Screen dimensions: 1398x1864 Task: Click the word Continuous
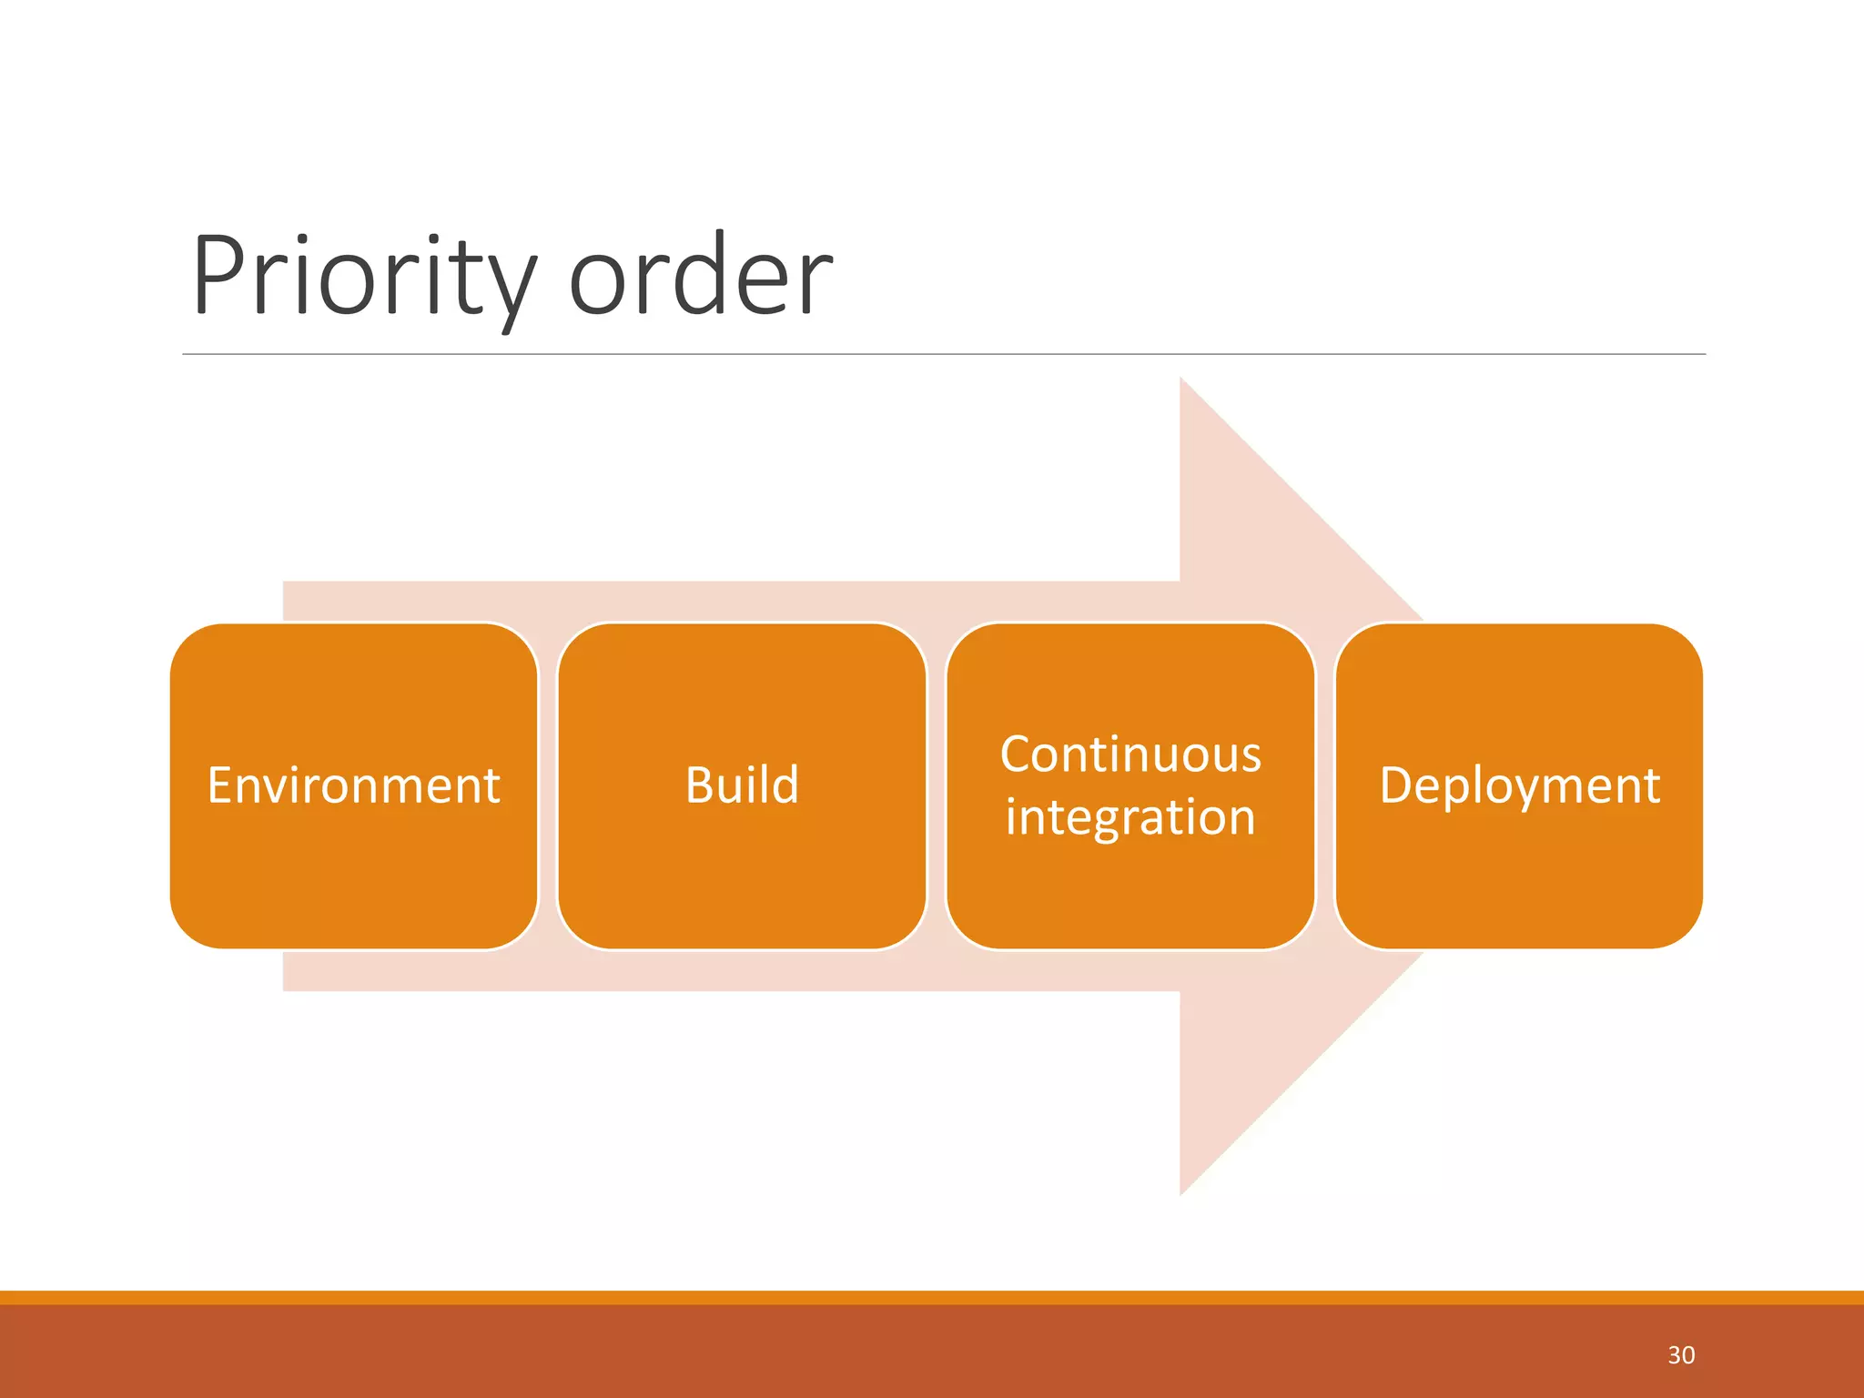point(1130,755)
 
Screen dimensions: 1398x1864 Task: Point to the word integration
point(1130,816)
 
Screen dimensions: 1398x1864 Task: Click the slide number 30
point(1680,1355)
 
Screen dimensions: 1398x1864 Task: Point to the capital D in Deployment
point(1396,785)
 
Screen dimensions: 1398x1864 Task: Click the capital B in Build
point(699,785)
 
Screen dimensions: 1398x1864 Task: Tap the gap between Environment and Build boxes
point(548,786)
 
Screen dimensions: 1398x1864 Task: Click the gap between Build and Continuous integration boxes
point(937,786)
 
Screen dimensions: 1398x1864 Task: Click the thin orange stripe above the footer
point(910,1298)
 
